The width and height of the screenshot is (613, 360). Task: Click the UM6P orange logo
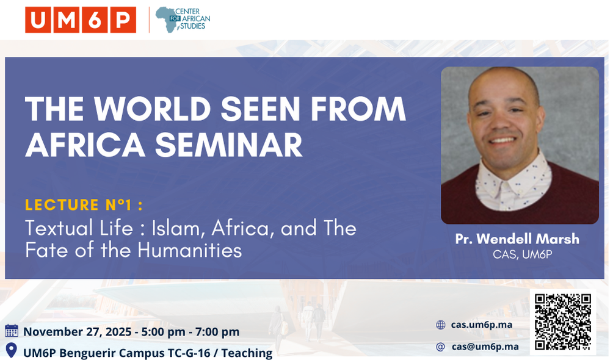point(81,20)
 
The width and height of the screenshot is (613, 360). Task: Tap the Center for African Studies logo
point(183,20)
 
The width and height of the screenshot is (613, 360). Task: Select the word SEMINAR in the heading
point(229,145)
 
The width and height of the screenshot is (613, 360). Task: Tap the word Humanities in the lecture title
point(190,250)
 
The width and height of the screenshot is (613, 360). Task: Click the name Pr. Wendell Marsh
point(517,239)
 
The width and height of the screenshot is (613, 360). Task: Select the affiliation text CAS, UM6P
point(522,255)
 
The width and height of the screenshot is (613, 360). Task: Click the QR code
point(562,322)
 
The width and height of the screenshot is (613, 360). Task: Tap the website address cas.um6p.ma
point(482,325)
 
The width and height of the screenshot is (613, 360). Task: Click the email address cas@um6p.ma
point(485,347)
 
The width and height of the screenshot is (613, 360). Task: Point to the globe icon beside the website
point(441,325)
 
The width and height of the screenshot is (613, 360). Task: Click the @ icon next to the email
point(441,347)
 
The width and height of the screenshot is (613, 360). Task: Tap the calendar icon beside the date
point(12,331)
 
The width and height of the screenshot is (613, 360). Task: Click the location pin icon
point(12,350)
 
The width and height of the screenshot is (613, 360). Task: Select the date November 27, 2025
point(78,332)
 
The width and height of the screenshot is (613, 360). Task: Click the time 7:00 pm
point(217,332)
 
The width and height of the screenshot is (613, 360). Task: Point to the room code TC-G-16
point(189,353)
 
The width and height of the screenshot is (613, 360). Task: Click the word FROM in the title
point(358,109)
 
